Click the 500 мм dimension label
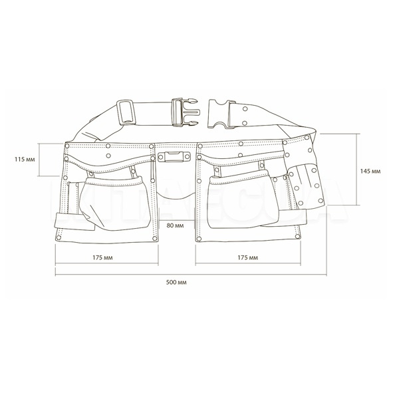point(176,282)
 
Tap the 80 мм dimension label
point(175,225)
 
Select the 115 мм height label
point(25,160)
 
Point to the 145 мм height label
point(370,172)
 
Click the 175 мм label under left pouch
point(102,258)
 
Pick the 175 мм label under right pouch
point(247,258)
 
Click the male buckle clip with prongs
point(186,112)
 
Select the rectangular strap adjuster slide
point(126,112)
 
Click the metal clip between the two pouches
point(174,156)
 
